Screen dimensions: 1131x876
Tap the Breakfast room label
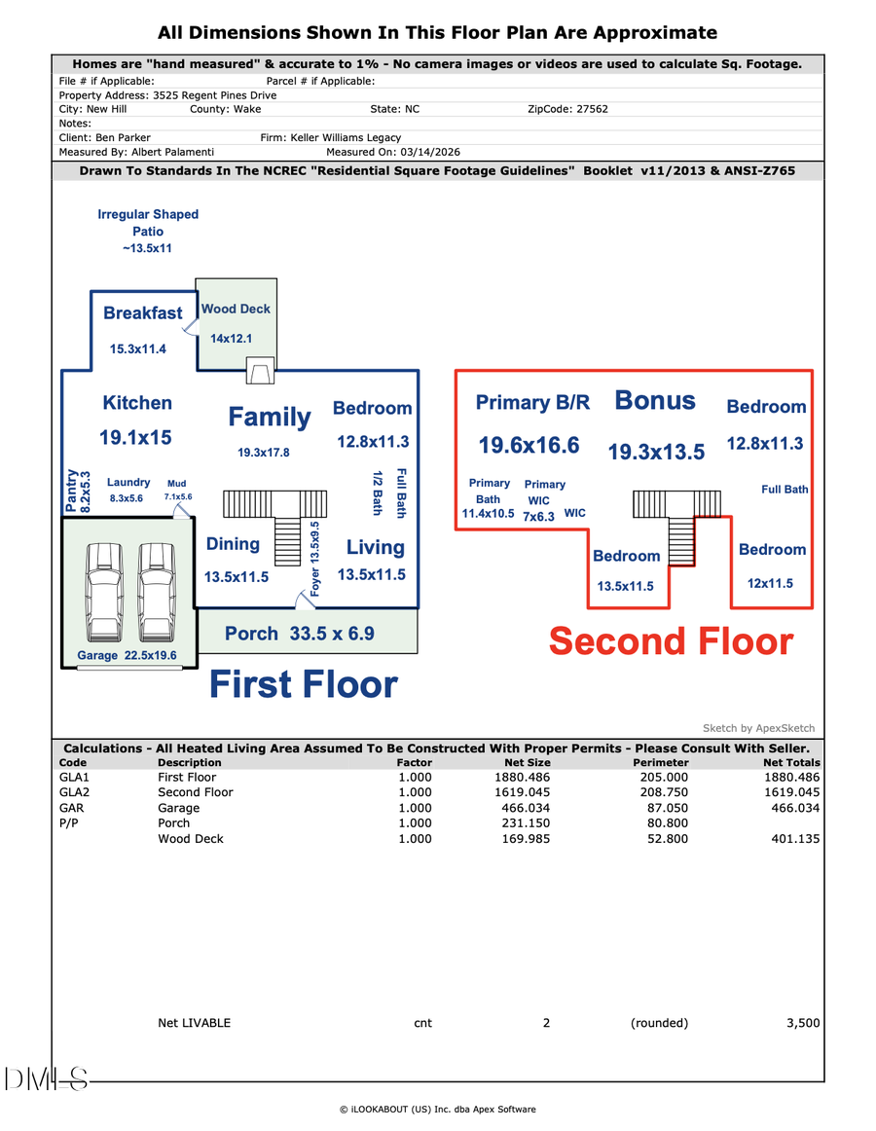pos(143,313)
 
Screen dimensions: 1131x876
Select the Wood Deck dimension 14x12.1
pos(232,339)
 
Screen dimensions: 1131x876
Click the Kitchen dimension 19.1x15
pos(135,438)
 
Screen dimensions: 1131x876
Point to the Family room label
pos(270,418)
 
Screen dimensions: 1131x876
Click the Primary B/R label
pos(532,403)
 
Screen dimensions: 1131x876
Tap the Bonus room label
pos(655,401)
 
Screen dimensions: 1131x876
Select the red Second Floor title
pos(671,642)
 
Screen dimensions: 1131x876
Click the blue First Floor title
pos(304,685)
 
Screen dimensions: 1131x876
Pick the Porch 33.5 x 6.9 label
pos(300,634)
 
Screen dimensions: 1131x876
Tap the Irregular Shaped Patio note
pos(148,231)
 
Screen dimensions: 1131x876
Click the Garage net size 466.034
pos(526,808)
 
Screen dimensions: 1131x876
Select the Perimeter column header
pos(660,763)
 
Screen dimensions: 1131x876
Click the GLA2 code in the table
pos(73,792)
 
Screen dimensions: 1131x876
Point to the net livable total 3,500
pos(803,1023)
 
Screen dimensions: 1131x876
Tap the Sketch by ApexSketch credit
pos(758,728)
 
